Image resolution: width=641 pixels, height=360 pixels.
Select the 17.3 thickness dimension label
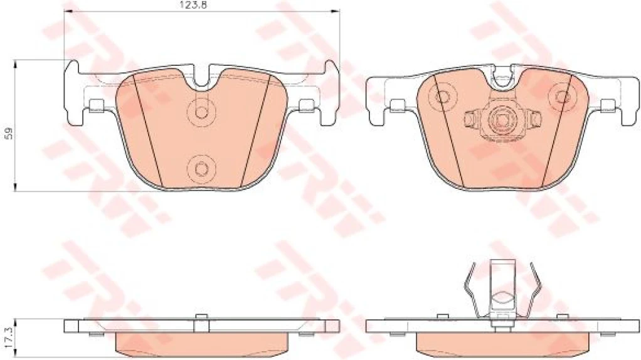[7, 336]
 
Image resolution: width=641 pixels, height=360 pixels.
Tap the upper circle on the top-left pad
[201, 112]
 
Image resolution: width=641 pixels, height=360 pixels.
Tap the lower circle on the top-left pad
[201, 167]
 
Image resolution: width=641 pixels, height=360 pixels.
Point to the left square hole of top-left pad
[96, 104]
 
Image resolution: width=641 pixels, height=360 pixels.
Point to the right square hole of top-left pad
[306, 104]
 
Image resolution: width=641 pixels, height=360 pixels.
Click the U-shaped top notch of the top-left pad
[201, 76]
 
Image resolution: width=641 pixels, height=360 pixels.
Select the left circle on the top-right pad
[443, 97]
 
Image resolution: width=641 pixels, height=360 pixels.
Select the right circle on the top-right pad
[560, 97]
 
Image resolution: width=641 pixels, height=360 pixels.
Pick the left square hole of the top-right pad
[397, 104]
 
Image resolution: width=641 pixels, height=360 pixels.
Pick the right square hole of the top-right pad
[607, 104]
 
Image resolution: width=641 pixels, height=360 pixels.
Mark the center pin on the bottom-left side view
[201, 322]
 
